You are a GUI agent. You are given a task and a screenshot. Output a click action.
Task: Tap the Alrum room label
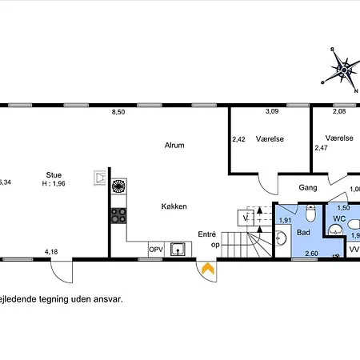pos(174,146)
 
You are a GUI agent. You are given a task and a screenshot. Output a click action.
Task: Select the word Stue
pos(54,174)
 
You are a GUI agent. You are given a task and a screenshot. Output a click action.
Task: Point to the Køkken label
pos(174,206)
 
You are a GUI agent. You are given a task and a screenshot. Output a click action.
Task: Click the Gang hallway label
pos(308,188)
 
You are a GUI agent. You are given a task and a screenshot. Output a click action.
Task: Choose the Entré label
pos(207,234)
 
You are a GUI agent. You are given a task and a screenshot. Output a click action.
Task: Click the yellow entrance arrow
pos(207,270)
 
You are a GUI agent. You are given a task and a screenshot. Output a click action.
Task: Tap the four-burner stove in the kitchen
pos(118,214)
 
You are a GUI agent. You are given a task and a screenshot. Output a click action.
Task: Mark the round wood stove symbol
pos(118,187)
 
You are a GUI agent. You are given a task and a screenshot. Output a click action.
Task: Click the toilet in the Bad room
pos(310,213)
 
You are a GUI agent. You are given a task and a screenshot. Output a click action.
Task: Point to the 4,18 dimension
pos(51,252)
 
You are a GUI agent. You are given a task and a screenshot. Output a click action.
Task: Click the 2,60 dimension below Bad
pos(310,254)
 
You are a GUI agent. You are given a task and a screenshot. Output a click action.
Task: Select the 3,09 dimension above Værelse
pos(272,122)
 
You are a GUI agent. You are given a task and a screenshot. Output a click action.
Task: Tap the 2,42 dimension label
pos(238,139)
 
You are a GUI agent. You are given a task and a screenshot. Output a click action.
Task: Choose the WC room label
pos(338,218)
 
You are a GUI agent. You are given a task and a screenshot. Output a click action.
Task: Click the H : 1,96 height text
pos(54,183)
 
